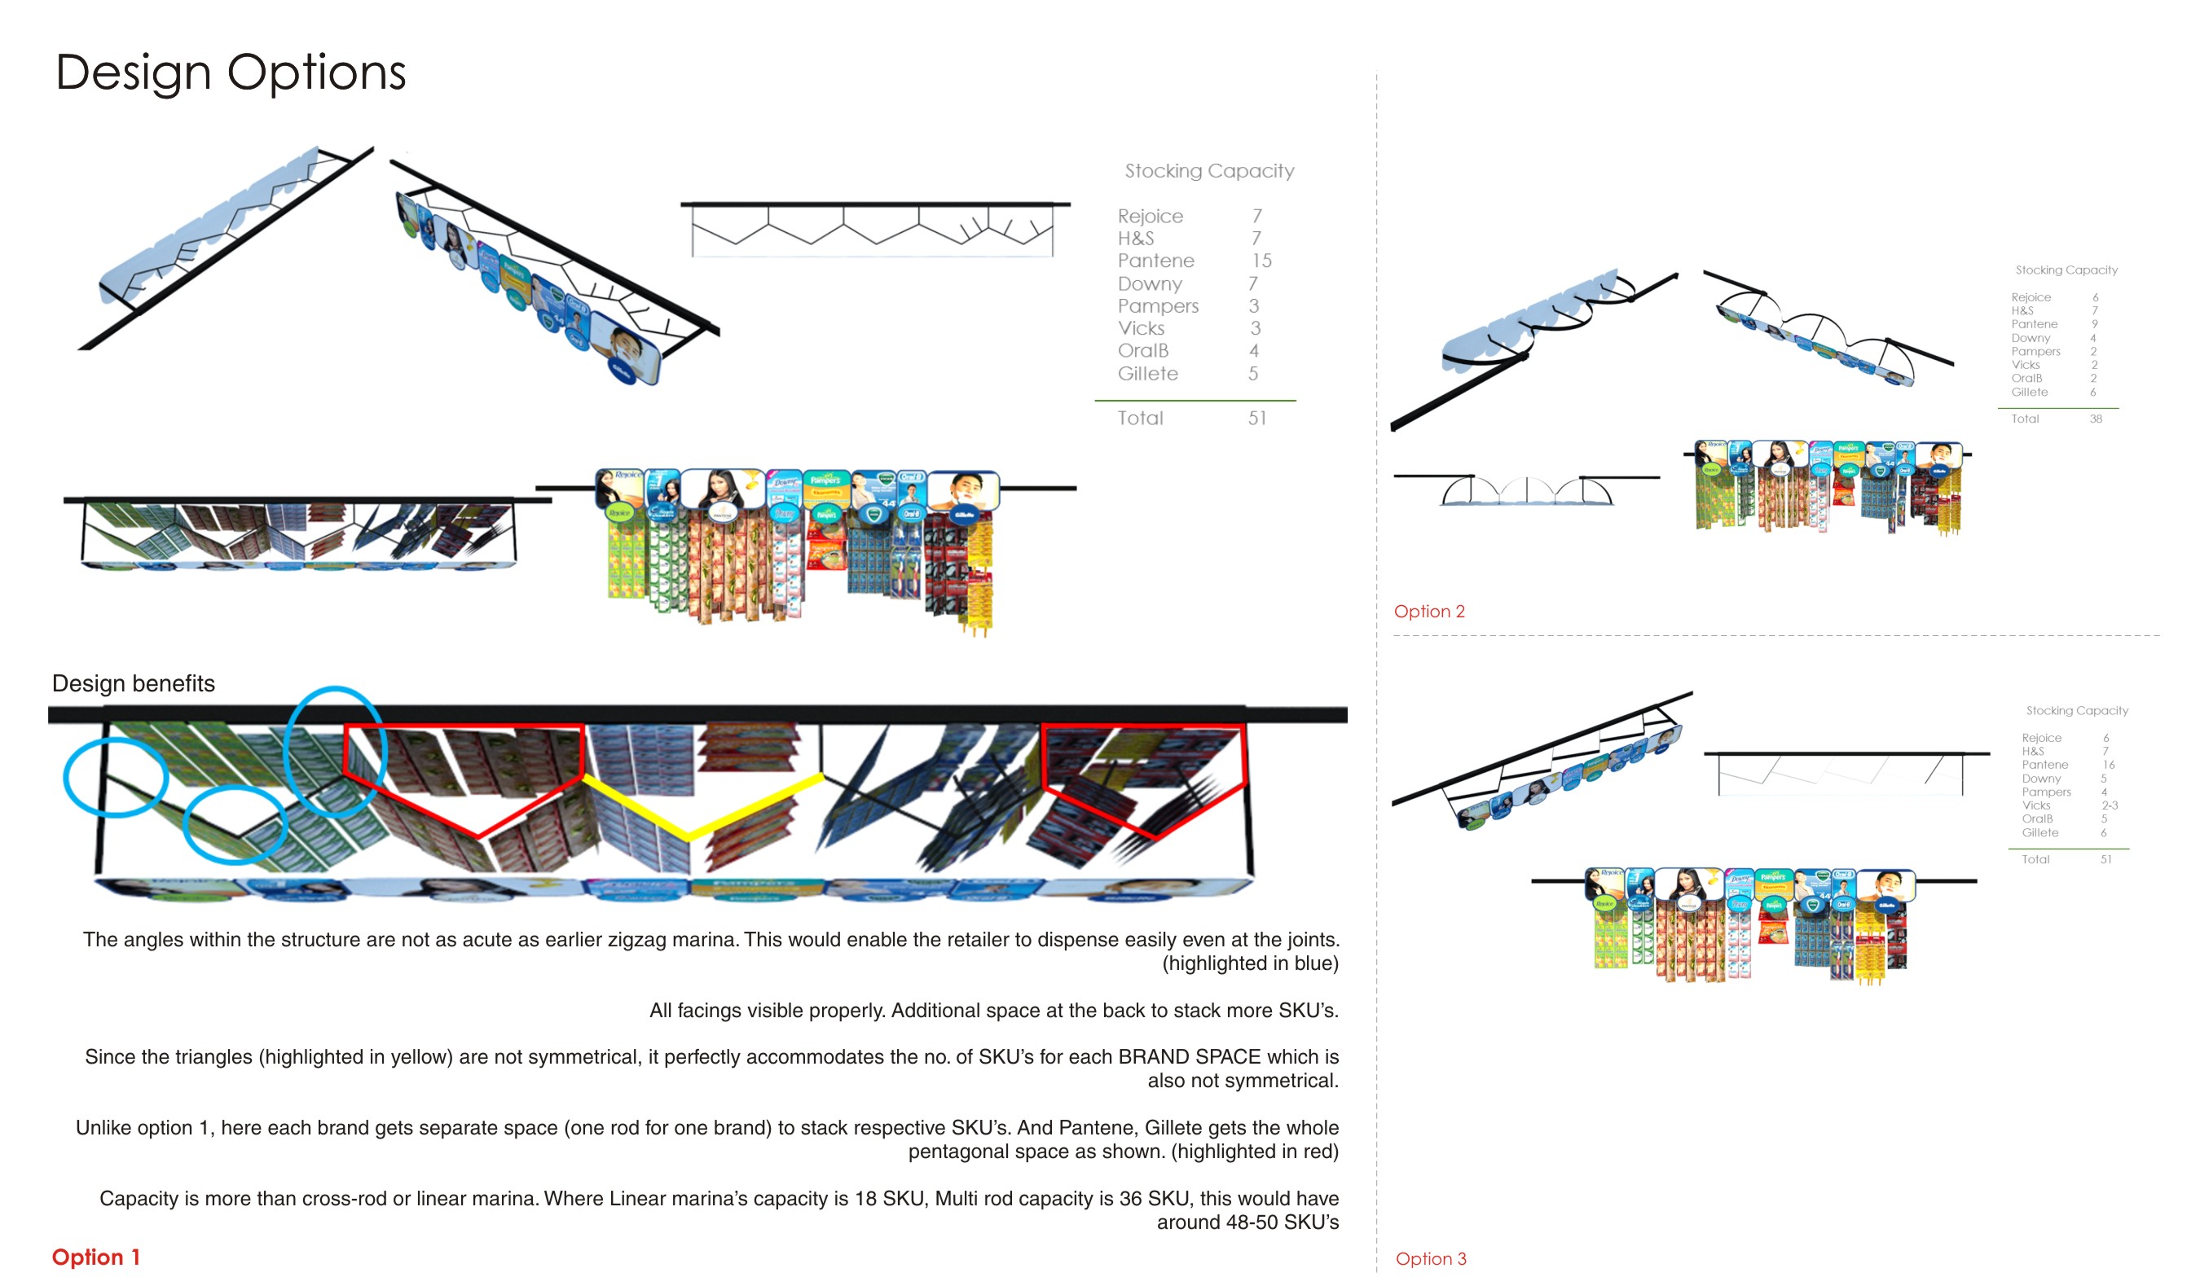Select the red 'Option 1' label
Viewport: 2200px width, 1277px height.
pos(95,1257)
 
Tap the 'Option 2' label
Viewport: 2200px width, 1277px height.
pos(1429,611)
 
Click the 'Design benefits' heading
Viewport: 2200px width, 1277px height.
pos(134,683)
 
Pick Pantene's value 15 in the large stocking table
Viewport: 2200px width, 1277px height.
pos(1261,261)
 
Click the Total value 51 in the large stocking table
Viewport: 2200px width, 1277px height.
pos(1256,418)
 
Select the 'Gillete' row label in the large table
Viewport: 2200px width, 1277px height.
pos(1147,374)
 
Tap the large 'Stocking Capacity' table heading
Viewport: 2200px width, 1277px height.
pos(1209,171)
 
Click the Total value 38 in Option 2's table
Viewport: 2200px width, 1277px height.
pos(2095,419)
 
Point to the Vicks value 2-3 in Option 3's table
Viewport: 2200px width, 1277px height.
pos(2110,805)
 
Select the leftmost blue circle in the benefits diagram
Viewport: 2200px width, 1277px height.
pos(115,777)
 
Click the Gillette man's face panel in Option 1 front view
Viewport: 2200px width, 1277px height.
pos(961,490)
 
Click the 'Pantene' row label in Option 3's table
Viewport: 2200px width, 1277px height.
pos(2044,765)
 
